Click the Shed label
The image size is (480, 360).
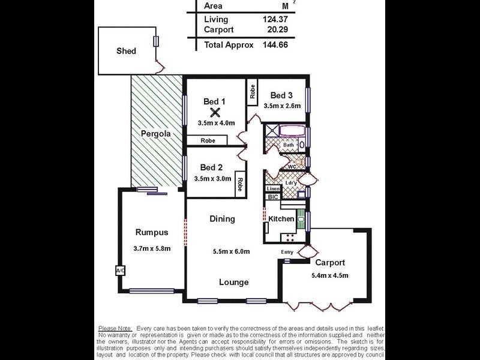[x=126, y=51]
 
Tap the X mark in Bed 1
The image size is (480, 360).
[x=215, y=112]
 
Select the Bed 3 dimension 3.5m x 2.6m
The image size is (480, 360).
[x=282, y=106]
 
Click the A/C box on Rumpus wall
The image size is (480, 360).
[x=121, y=271]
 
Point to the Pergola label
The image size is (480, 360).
[x=156, y=134]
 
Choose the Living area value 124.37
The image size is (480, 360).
[x=275, y=19]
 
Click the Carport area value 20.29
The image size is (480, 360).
[x=278, y=29]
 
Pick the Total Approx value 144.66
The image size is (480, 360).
[x=275, y=44]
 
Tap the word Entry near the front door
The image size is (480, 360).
[x=287, y=252]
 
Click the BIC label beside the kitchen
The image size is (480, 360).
[x=273, y=197]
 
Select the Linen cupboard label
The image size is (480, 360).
[x=273, y=188]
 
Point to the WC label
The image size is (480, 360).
[x=292, y=167]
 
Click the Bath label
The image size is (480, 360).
[x=289, y=145]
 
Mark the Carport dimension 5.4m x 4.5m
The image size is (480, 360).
[x=329, y=275]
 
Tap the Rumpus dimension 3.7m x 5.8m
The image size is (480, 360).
[x=152, y=248]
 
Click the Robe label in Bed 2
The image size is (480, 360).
[x=240, y=184]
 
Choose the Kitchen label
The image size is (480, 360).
[x=281, y=219]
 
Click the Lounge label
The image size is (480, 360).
[x=233, y=282]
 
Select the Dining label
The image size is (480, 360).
[x=222, y=219]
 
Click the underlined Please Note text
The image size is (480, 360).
[x=115, y=329]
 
